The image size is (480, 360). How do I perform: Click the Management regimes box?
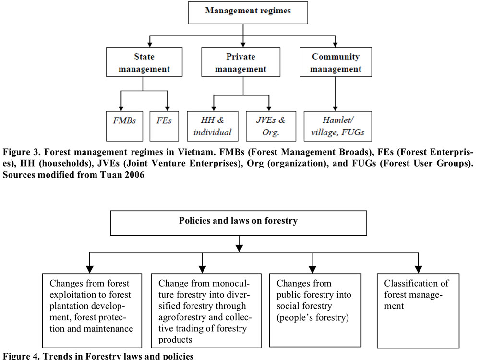tap(248, 12)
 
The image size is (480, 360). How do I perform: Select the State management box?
tap(144, 62)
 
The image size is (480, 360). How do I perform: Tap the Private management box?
tap(240, 62)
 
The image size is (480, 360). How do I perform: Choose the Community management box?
tap(336, 62)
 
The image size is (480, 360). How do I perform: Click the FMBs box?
tap(124, 126)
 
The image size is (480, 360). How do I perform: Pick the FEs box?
tap(164, 126)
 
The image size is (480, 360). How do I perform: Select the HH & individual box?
tap(213, 126)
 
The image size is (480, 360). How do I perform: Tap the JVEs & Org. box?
tap(271, 126)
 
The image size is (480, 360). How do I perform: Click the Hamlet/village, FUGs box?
tap(337, 126)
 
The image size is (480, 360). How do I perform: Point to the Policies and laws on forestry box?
tap(239, 223)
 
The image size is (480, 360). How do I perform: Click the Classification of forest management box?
tap(418, 311)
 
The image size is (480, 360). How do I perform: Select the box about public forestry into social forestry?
tap(315, 311)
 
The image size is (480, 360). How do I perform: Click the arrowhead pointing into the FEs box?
tap(168, 108)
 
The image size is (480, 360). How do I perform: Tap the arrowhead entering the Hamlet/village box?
tap(335, 108)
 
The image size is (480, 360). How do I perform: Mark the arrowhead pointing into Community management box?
tap(335, 45)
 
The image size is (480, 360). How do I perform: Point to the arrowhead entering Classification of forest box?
tap(418, 269)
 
